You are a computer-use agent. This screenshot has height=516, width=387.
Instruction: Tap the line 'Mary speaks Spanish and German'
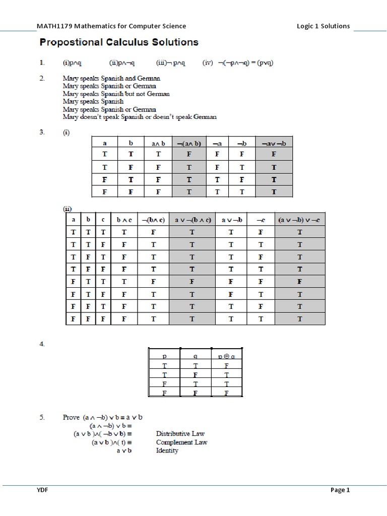(x=111, y=79)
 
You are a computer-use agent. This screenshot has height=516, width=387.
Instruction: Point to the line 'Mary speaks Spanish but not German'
(x=116, y=94)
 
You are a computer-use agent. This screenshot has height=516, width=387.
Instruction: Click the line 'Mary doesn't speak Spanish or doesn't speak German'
(x=140, y=117)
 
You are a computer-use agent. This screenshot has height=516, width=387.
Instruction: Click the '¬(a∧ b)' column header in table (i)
(x=188, y=143)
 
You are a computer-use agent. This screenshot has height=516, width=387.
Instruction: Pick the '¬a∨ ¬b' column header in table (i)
(x=274, y=143)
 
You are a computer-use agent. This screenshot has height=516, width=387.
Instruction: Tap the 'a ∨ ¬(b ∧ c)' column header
(x=192, y=220)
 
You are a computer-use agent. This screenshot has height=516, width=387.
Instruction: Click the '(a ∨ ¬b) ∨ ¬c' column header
(x=300, y=220)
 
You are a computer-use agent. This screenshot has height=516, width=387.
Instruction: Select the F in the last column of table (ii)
(x=300, y=282)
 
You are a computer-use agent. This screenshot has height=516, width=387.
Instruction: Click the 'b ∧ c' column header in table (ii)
(x=123, y=220)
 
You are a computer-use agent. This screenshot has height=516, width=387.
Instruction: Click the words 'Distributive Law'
(x=180, y=433)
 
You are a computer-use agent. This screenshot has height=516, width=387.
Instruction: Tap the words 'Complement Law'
(x=181, y=442)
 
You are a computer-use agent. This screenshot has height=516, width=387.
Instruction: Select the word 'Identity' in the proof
(x=167, y=451)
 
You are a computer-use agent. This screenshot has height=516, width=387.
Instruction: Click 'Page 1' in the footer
(x=340, y=490)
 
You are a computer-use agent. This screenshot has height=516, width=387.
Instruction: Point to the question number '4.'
(x=42, y=344)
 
